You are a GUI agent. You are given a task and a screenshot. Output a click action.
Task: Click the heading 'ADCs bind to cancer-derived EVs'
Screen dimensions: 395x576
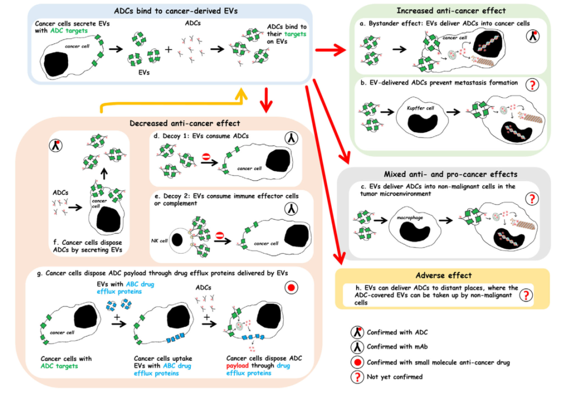tap(169, 10)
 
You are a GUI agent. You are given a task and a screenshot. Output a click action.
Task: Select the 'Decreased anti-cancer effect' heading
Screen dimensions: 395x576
tap(185, 123)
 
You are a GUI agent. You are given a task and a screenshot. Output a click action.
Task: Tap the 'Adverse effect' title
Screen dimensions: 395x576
tap(434, 275)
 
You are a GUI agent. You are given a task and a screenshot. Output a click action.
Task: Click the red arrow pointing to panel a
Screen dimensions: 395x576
tap(331, 51)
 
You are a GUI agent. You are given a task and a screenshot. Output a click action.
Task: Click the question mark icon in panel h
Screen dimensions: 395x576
tap(526, 295)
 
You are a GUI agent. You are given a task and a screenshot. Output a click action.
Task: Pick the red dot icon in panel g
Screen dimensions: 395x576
tap(290, 288)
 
